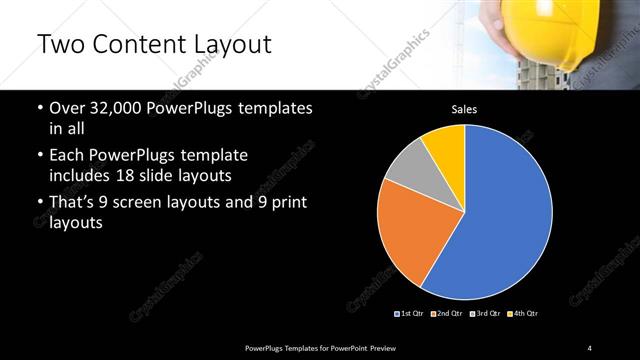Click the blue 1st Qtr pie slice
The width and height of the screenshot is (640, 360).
click(500, 220)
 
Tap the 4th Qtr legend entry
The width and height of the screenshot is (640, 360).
click(523, 313)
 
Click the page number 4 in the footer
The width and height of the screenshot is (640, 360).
click(590, 347)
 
